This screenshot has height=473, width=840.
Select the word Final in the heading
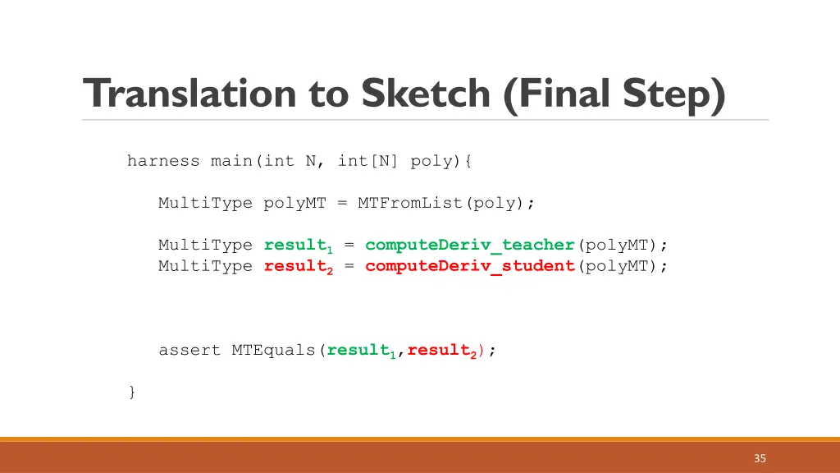562,94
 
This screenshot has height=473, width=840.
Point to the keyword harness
163,161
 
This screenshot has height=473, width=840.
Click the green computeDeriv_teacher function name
470,245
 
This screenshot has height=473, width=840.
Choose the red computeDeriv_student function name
470,266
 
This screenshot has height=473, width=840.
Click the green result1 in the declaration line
299,245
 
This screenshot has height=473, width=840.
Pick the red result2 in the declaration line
299,266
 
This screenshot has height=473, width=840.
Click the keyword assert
189,351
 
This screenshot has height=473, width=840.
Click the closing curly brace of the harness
132,392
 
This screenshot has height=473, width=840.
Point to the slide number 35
760,458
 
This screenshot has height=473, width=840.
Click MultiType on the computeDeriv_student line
205,266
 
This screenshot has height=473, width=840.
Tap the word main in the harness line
231,161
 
